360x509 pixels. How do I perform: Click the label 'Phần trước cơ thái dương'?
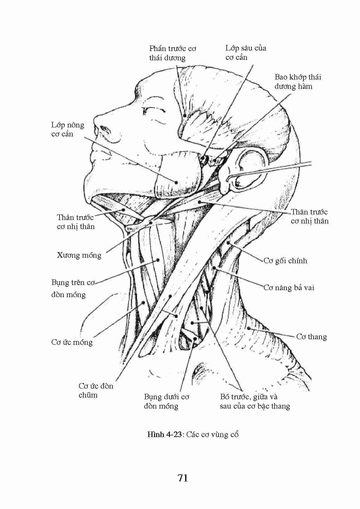click(x=173, y=53)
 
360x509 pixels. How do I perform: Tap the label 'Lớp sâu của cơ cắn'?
click(x=246, y=53)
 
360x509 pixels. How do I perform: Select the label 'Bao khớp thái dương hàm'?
click(x=298, y=82)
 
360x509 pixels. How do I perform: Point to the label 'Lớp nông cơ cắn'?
click(x=68, y=129)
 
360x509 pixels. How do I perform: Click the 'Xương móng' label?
click(x=79, y=255)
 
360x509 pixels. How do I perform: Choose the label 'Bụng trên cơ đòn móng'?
click(x=73, y=288)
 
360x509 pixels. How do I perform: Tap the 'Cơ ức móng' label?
click(x=72, y=342)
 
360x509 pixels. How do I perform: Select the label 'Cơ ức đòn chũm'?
click(x=96, y=390)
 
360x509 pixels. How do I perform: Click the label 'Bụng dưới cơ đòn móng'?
click(x=167, y=401)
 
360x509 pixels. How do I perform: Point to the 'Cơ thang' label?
click(x=312, y=337)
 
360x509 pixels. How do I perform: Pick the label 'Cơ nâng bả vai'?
click(x=289, y=288)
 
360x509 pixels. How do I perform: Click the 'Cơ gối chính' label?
click(x=285, y=261)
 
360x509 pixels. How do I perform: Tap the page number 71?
click(x=183, y=478)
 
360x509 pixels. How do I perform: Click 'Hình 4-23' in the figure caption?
click(x=165, y=434)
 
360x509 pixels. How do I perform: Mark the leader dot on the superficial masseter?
click(x=176, y=182)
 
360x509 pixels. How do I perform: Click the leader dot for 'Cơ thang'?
click(x=249, y=328)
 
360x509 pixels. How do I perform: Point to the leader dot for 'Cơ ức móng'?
click(x=143, y=303)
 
